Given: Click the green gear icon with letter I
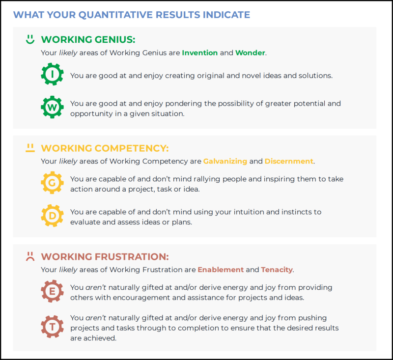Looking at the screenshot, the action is (x=52, y=74).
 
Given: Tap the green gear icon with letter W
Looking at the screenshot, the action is (x=52, y=107).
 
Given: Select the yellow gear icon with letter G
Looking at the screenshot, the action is (x=52, y=183).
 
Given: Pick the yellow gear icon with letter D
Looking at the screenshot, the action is (x=52, y=216).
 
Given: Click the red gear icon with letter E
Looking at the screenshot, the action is (x=52, y=291).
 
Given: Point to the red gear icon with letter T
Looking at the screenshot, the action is (x=52, y=327).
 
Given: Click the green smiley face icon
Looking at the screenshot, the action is (x=30, y=39).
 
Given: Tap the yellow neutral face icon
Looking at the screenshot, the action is (x=30, y=148).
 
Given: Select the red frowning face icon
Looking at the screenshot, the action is (x=30, y=256).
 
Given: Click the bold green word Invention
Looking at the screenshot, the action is (x=200, y=53).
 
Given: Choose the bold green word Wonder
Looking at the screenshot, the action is (x=250, y=53).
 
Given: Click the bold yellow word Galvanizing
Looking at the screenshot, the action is (x=225, y=161).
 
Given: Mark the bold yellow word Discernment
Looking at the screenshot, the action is (x=289, y=161).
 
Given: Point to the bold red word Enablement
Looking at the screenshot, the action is (x=221, y=270).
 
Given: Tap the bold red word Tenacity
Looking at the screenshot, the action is (x=277, y=270).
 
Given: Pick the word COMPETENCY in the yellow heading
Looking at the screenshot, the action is (x=132, y=148).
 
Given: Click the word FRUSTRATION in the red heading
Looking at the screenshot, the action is (x=132, y=256).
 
